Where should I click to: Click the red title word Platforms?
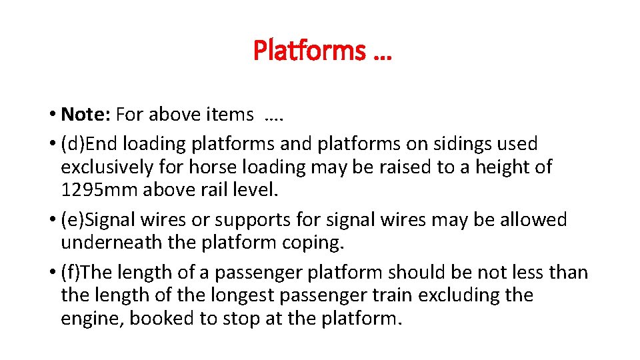(x=309, y=51)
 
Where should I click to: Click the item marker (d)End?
(x=89, y=143)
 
